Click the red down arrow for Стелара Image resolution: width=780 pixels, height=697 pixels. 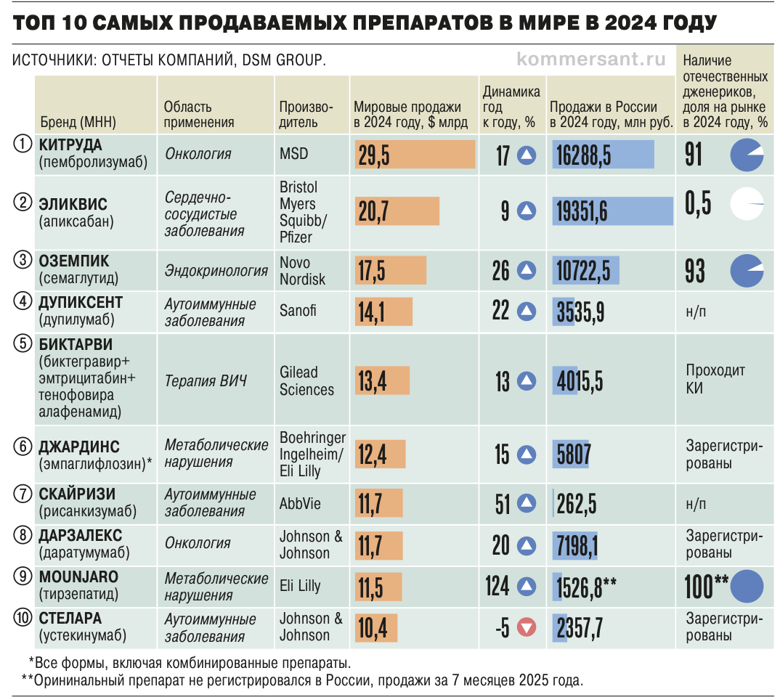tap(526, 627)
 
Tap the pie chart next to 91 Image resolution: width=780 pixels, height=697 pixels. tap(746, 155)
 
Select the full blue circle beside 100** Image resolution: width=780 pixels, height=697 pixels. tap(747, 587)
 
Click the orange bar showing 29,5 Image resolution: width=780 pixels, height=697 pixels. tap(415, 155)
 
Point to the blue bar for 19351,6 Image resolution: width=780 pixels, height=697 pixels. tap(612, 211)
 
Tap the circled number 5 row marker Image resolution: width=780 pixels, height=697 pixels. tap(23, 343)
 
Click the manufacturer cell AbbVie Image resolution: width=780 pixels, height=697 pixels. tap(300, 503)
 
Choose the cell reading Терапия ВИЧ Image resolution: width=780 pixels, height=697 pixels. tap(206, 380)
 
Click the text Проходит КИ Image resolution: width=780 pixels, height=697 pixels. tap(715, 379)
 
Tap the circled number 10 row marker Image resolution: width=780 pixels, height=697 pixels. tap(23, 619)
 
